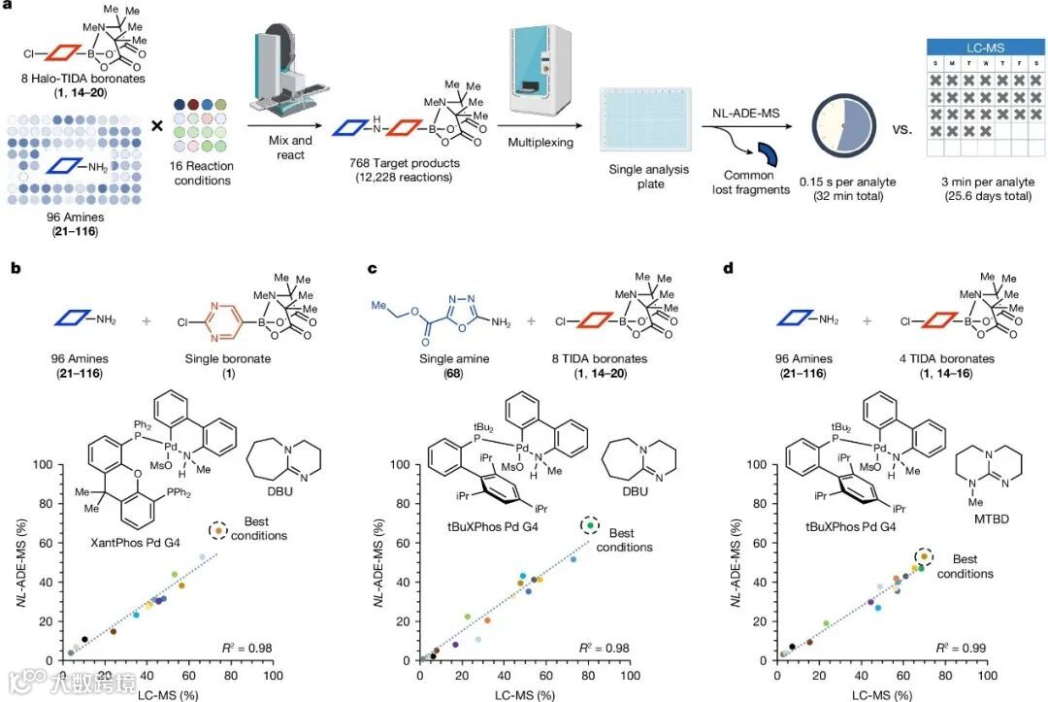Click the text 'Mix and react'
[289, 148]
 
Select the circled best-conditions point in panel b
[219, 531]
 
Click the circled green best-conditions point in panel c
[589, 525]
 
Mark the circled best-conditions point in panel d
[924, 556]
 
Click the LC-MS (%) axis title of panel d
[882, 694]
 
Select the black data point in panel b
[85, 640]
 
